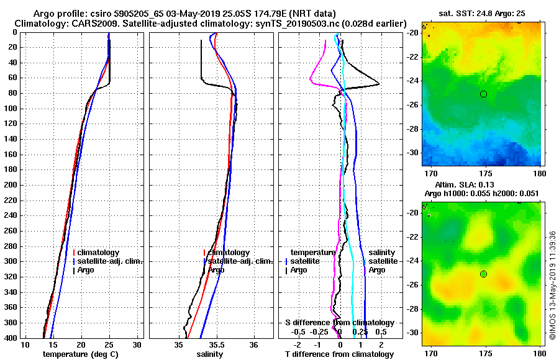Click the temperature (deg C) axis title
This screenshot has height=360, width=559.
tap(80, 354)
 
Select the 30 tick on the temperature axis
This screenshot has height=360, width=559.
tap(137, 344)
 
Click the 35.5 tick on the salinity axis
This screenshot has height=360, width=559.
tap(216, 344)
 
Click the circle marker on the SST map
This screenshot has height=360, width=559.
tap(483, 94)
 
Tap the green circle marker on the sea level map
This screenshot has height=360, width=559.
tap(483, 274)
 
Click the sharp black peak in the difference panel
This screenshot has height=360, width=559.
tap(378, 84)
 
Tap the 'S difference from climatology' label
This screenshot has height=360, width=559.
tap(339, 323)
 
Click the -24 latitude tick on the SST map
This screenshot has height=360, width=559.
tap(414, 81)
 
